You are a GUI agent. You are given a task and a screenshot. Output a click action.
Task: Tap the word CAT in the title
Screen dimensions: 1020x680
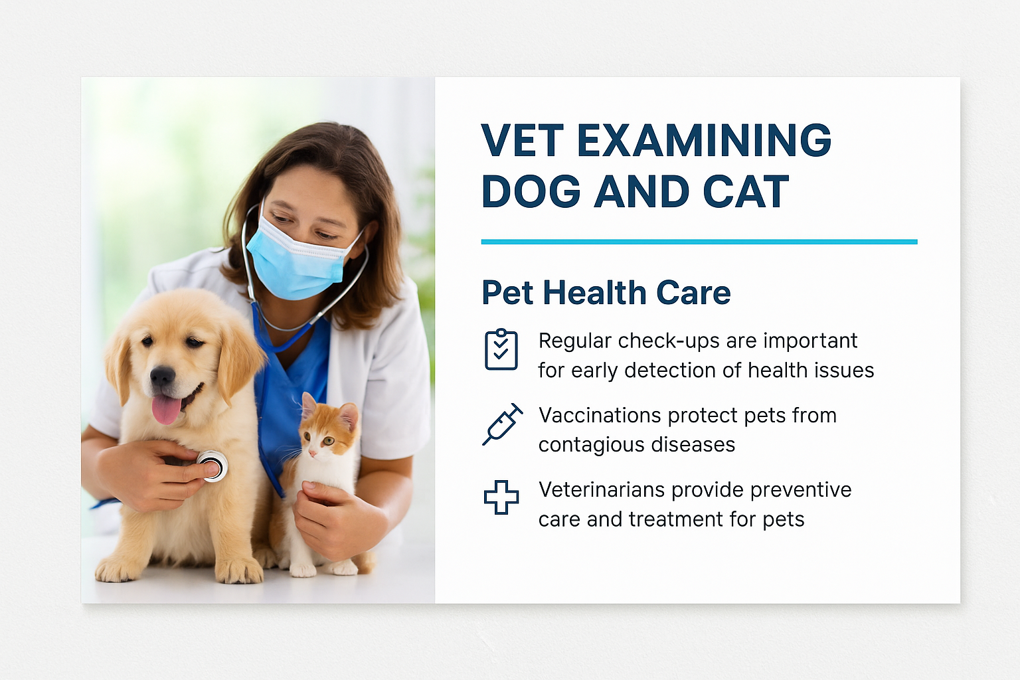pyautogui.click(x=746, y=192)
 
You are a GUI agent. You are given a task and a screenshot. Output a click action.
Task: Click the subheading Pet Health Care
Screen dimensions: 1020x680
pyautogui.click(x=606, y=292)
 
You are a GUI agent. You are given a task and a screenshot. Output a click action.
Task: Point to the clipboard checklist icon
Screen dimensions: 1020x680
pyautogui.click(x=501, y=349)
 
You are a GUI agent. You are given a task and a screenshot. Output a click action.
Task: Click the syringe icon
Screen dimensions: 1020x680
pyautogui.click(x=502, y=424)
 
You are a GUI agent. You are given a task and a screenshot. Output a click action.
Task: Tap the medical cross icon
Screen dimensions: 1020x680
pyautogui.click(x=501, y=497)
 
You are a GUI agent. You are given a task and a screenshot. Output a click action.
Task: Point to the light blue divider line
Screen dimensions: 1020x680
pyautogui.click(x=699, y=242)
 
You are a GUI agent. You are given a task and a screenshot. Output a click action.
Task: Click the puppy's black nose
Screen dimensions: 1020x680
pyautogui.click(x=163, y=376)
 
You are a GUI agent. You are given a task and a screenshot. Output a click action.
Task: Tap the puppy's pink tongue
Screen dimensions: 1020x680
pyautogui.click(x=166, y=409)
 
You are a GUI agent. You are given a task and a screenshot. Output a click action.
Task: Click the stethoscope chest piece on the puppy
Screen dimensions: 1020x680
pyautogui.click(x=212, y=466)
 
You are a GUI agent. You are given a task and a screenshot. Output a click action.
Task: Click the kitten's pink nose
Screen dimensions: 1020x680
pyautogui.click(x=313, y=454)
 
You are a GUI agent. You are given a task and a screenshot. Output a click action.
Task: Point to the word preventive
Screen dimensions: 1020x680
pyautogui.click(x=801, y=491)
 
